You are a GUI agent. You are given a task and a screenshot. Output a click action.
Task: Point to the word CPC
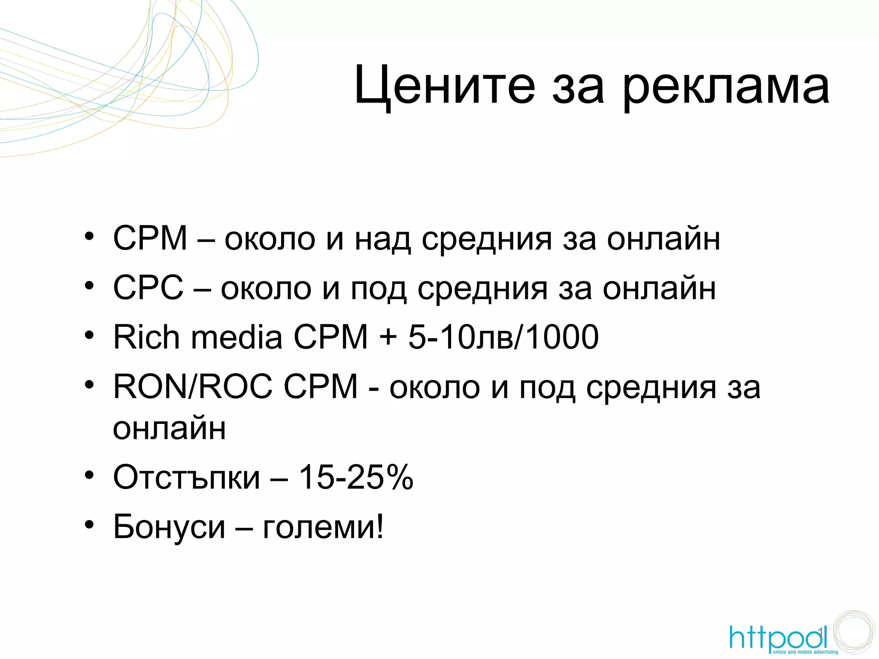[148, 287]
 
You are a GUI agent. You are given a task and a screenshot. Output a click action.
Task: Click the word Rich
[146, 337]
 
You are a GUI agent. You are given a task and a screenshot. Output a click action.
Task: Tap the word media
[236, 337]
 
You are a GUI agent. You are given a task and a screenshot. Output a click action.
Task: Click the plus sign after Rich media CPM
[388, 337]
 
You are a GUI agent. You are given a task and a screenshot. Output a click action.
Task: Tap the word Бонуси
[169, 526]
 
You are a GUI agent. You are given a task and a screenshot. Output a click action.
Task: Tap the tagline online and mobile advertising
[805, 652]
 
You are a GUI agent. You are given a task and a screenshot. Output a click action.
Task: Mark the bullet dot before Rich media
[89, 335]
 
